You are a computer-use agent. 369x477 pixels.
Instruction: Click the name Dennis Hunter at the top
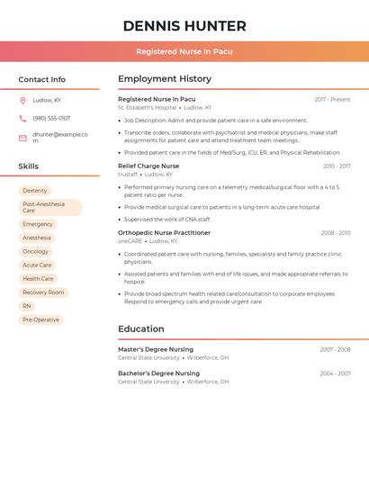pyautogui.click(x=184, y=26)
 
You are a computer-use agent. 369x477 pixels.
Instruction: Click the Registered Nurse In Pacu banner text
pyautogui.click(x=184, y=51)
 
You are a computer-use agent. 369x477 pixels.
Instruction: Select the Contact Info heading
pyautogui.click(x=42, y=79)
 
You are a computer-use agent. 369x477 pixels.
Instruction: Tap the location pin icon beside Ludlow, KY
pyautogui.click(x=22, y=101)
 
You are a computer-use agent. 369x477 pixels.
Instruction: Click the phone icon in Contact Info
pyautogui.click(x=22, y=118)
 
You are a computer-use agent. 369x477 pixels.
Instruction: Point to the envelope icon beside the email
pyautogui.click(x=22, y=138)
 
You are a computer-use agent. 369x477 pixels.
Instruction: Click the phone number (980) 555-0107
pyautogui.click(x=51, y=118)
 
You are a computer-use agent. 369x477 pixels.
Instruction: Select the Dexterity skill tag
pyautogui.click(x=35, y=191)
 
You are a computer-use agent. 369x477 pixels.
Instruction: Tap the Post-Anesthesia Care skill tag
pyautogui.click(x=49, y=208)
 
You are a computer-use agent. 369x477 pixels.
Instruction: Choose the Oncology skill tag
pyautogui.click(x=36, y=252)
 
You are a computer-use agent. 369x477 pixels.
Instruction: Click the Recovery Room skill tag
pyautogui.click(x=43, y=292)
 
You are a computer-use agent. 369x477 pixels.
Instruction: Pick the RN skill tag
pyautogui.click(x=27, y=306)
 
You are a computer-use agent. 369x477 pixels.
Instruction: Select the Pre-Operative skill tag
pyautogui.click(x=41, y=319)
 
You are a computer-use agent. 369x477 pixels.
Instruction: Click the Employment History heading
pyautogui.click(x=165, y=79)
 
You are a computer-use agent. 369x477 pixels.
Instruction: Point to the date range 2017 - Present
pyautogui.click(x=332, y=99)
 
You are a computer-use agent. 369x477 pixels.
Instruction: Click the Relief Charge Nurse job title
pyautogui.click(x=148, y=166)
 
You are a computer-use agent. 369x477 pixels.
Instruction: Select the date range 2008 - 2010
pyautogui.click(x=335, y=233)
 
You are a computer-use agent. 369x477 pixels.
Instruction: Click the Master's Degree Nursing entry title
pyautogui.click(x=156, y=349)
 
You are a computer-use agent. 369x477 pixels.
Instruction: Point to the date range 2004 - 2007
pyautogui.click(x=335, y=373)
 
